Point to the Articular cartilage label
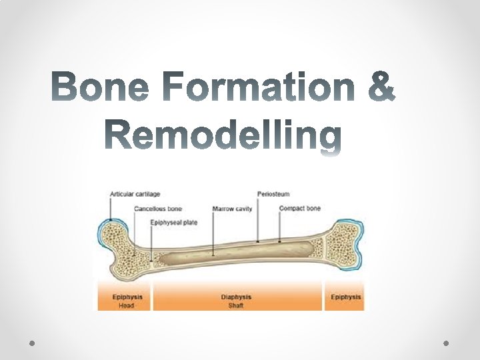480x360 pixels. [135, 194]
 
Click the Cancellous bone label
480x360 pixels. [158, 209]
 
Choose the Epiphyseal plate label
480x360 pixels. [174, 223]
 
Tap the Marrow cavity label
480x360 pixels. [232, 209]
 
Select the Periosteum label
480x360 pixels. [273, 194]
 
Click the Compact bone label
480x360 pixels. [300, 209]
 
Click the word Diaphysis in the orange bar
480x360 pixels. [236, 297]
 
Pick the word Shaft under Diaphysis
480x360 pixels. [236, 305]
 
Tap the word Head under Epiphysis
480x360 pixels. [126, 305]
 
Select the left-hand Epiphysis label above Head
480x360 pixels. [126, 297]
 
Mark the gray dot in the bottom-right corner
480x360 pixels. [446, 342]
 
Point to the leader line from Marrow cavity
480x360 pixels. [213, 233]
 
